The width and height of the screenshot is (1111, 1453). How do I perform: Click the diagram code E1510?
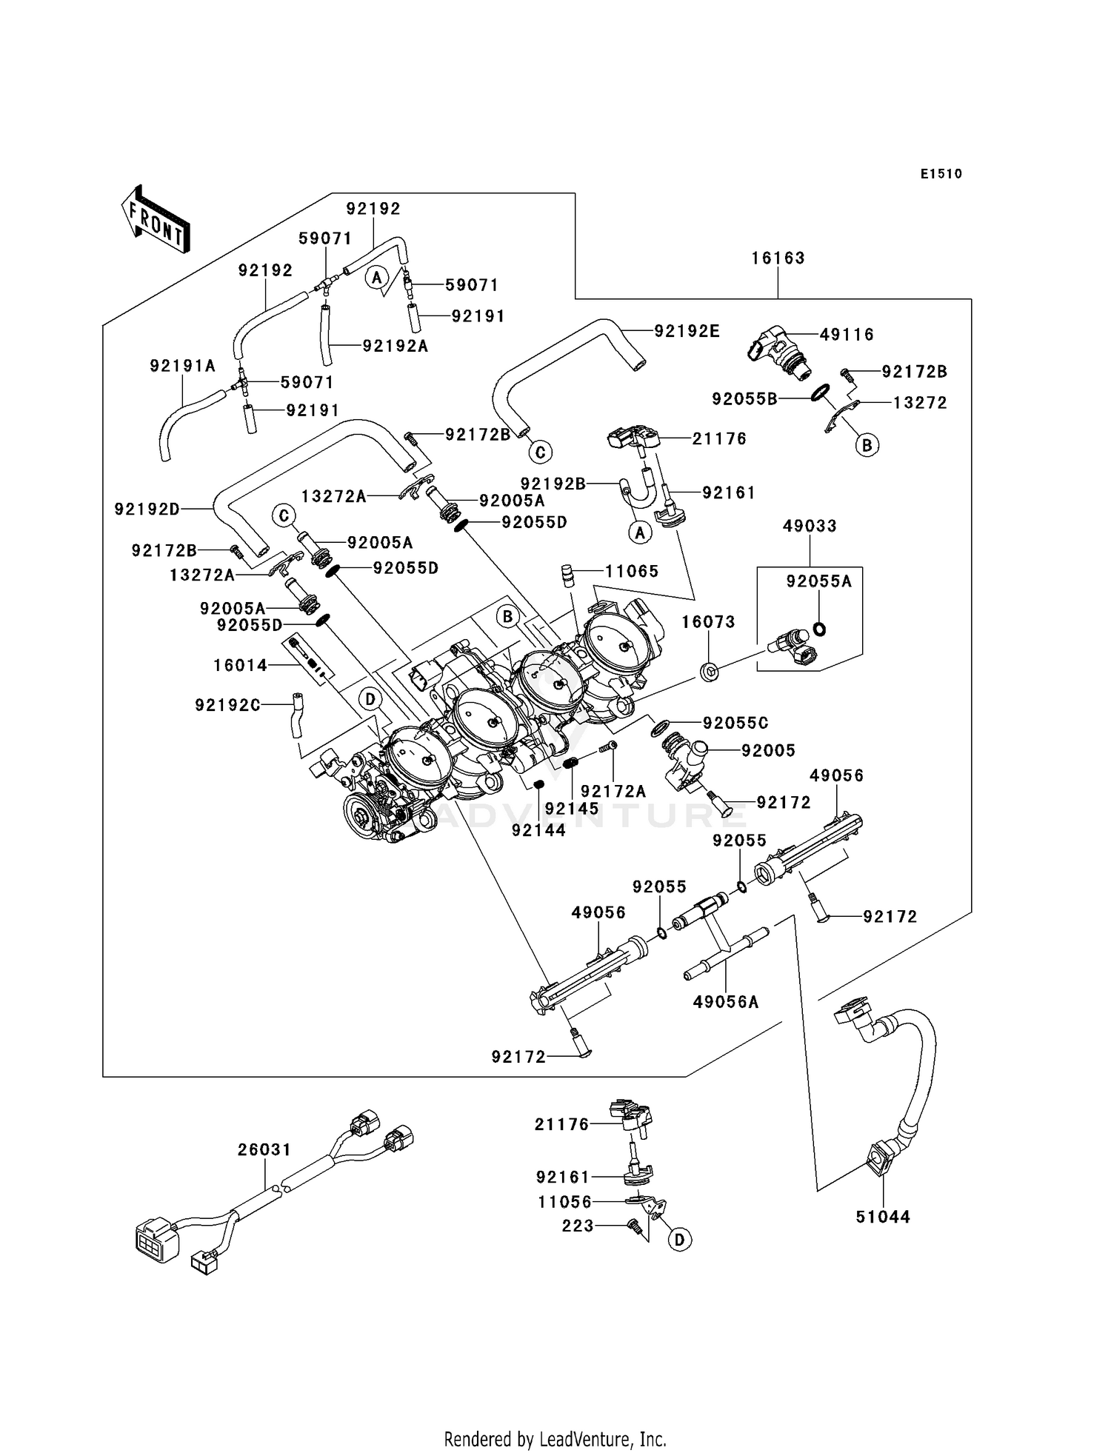pyautogui.click(x=941, y=174)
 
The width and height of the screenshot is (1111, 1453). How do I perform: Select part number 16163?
pyautogui.click(x=778, y=258)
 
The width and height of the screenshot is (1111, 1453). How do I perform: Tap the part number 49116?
pyautogui.click(x=847, y=335)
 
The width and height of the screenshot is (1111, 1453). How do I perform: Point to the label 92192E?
pyautogui.click(x=687, y=331)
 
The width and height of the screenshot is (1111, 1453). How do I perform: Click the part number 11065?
pyautogui.click(x=632, y=572)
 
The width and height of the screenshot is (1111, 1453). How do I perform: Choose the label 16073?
pyautogui.click(x=708, y=622)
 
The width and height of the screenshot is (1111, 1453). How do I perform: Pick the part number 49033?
pyautogui.click(x=810, y=527)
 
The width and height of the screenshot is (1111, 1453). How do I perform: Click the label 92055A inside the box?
pyautogui.click(x=819, y=582)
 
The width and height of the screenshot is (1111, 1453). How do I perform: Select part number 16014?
pyautogui.click(x=240, y=666)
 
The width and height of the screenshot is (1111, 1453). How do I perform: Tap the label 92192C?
pyautogui.click(x=227, y=706)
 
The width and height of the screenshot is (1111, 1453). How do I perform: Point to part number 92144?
pyautogui.click(x=538, y=831)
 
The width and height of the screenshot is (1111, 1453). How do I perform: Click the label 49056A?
pyautogui.click(x=726, y=1003)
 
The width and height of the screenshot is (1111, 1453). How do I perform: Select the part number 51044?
pyautogui.click(x=883, y=1217)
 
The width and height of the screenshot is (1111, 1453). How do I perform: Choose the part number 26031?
pyautogui.click(x=264, y=1150)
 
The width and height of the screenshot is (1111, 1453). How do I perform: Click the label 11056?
pyautogui.click(x=565, y=1202)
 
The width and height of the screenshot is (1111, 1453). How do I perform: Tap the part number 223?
pyautogui.click(x=578, y=1226)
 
